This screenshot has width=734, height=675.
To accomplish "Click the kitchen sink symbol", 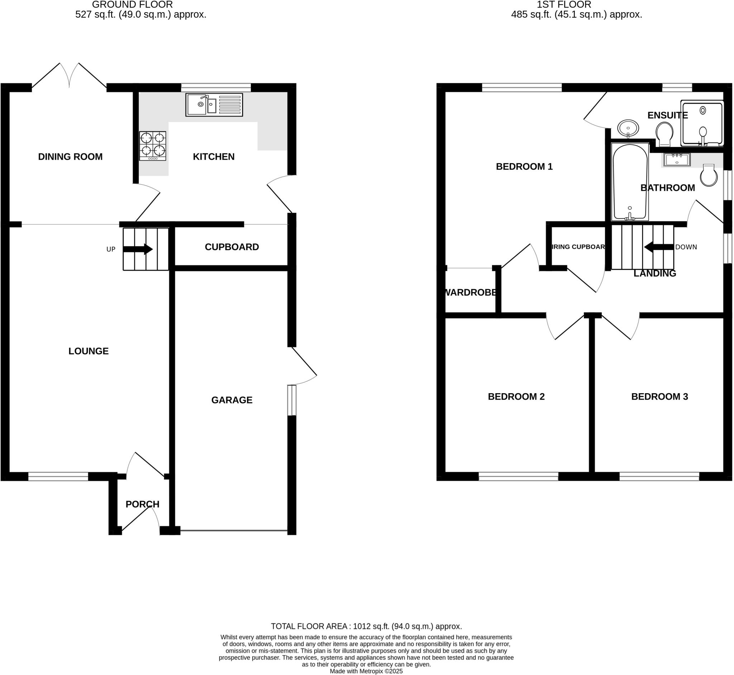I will click(214, 105).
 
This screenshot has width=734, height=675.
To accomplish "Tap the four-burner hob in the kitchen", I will click(153, 146).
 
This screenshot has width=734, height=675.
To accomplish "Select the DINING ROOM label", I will click(70, 157).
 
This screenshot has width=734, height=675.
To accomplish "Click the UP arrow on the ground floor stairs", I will click(138, 249).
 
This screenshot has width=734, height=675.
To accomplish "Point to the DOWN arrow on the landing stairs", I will click(658, 247).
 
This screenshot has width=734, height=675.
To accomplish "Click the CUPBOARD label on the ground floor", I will click(232, 247).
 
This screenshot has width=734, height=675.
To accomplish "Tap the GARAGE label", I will click(232, 400).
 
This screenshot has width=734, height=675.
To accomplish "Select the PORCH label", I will click(142, 504).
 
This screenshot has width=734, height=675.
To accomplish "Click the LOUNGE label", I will click(89, 351).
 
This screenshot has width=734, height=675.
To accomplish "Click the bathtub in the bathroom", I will click(630, 182).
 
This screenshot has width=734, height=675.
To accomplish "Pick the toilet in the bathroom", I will click(709, 175).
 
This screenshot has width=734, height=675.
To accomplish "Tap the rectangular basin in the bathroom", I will click(677, 160).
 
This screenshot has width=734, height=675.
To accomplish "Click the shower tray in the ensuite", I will click(702, 123).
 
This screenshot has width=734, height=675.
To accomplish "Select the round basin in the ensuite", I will click(628, 128).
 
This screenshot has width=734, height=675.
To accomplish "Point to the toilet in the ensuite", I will click(664, 133).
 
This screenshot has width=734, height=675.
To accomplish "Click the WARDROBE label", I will click(470, 292).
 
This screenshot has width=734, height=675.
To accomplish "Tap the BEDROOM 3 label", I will click(659, 396).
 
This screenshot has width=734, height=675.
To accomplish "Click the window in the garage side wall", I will click(291, 400).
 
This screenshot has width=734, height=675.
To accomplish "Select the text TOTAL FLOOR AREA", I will click(309, 626).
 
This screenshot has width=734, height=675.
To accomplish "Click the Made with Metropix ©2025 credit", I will click(366, 671).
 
